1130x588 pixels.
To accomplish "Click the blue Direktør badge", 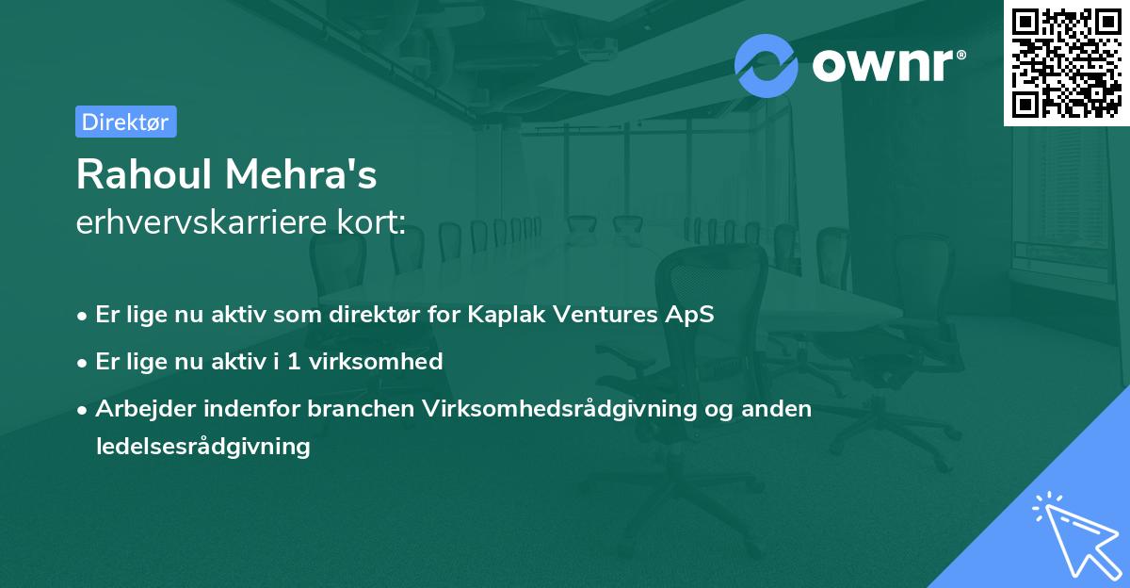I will coord(125,122).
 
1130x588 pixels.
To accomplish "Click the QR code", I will coord(1066,62).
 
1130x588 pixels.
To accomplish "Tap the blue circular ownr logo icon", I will coord(767,65).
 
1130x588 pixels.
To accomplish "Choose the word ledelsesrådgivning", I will coord(202,447).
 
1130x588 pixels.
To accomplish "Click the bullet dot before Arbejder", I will coord(84,410).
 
